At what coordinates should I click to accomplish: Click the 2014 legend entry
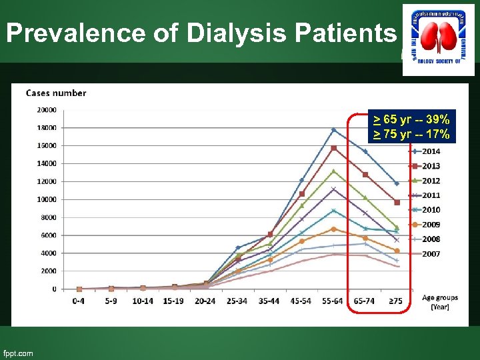click(430, 151)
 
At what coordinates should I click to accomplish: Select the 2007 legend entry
click(430, 254)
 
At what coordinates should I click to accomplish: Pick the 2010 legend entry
click(430, 210)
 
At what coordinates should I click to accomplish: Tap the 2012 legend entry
click(430, 181)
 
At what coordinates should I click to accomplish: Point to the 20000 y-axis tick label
click(46, 110)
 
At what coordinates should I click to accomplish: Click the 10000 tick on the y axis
click(46, 199)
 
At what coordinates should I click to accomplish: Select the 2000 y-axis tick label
click(48, 271)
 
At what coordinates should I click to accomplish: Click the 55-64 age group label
click(333, 301)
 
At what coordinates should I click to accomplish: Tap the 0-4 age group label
click(79, 301)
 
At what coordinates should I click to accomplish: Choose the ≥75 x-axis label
click(397, 301)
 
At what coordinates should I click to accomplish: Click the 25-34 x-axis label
click(238, 301)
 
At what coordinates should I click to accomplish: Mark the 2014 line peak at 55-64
click(333, 129)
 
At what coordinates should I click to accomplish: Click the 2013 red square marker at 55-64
click(333, 148)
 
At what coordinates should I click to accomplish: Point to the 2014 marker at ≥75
click(397, 183)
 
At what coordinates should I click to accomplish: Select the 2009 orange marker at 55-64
click(333, 229)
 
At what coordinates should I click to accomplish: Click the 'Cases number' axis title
click(56, 93)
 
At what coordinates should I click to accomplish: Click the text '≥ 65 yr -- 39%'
click(411, 119)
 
